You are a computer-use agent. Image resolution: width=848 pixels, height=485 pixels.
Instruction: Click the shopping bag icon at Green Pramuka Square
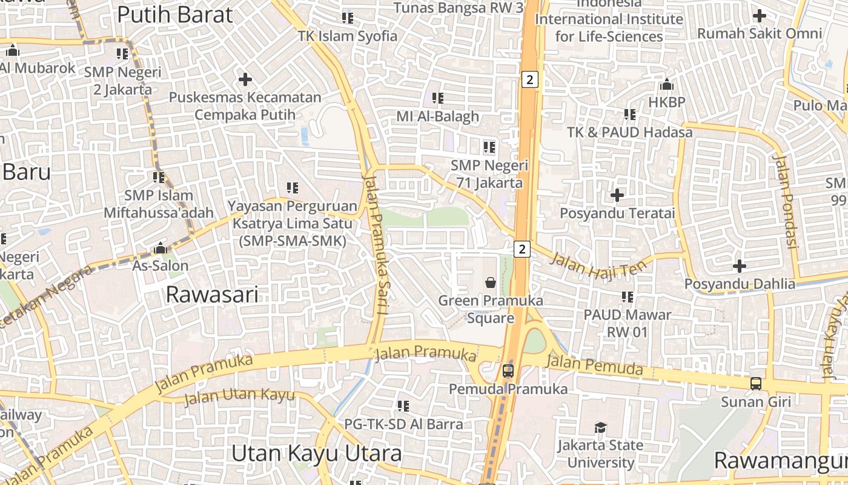click(x=490, y=283)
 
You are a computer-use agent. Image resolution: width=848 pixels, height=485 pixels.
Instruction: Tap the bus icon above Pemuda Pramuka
click(x=508, y=370)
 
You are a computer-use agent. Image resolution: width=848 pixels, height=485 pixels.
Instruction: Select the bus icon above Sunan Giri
click(x=756, y=383)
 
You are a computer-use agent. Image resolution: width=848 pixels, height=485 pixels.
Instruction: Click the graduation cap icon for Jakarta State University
click(x=600, y=427)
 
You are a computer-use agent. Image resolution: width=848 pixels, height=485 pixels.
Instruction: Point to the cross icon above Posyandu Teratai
click(x=617, y=195)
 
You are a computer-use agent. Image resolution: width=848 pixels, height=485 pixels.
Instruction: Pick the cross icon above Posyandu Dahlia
click(x=739, y=266)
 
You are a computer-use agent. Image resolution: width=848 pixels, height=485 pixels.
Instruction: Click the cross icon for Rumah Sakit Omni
click(x=760, y=16)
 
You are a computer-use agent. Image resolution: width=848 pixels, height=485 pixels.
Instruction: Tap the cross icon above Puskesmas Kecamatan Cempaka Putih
click(x=245, y=79)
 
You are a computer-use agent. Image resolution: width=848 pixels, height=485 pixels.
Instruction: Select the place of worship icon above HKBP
click(x=667, y=84)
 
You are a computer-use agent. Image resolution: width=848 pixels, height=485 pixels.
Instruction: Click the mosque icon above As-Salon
click(x=161, y=248)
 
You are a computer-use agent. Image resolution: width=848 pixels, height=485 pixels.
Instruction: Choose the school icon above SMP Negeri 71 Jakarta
click(x=489, y=147)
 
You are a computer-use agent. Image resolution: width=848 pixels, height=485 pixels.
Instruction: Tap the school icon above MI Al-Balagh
click(x=437, y=98)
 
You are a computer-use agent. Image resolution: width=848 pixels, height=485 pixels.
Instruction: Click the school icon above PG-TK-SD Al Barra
click(x=403, y=406)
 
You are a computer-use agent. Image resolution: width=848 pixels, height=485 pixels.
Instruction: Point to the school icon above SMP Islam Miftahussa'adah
click(x=159, y=177)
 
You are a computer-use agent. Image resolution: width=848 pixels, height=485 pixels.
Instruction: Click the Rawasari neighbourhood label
click(x=212, y=295)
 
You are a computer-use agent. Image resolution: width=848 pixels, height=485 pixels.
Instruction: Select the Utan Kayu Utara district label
click(x=316, y=453)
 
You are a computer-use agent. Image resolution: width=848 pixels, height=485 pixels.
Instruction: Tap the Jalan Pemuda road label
click(x=594, y=365)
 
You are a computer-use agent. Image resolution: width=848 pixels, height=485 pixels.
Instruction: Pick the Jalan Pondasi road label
click(x=785, y=201)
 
